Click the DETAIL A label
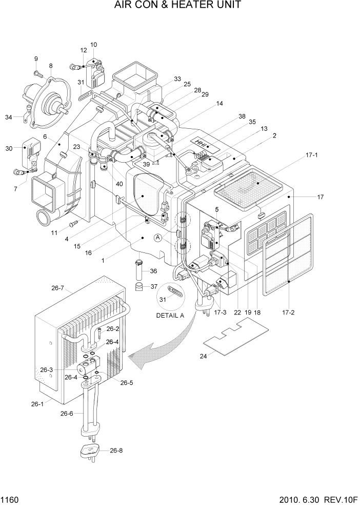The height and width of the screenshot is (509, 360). pos(170,316)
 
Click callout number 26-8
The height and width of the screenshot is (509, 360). pos(117,451)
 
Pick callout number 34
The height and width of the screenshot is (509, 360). pos(9,118)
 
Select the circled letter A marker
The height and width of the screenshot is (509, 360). pos(158,238)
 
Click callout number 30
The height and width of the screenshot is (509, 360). pos(9,148)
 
